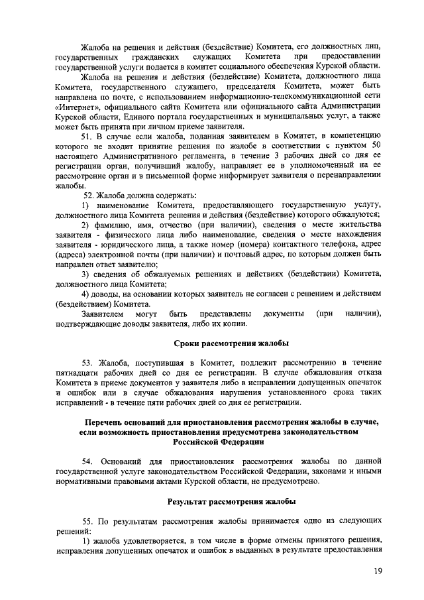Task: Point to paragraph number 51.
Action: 85,137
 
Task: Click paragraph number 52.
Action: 89,196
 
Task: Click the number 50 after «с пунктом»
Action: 376,147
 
